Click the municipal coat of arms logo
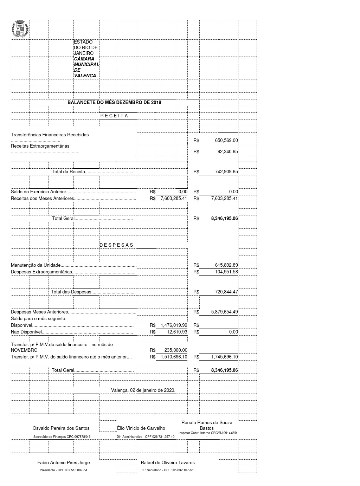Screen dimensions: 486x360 20,30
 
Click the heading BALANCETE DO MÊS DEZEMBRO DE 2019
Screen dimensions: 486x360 114,103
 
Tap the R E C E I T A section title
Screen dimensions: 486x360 114,116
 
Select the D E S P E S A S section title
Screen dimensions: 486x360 116,245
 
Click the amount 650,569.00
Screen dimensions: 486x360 226,141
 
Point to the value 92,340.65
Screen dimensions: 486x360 227,152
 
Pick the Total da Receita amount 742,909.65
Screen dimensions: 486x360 226,172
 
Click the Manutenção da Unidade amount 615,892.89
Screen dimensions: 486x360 226,265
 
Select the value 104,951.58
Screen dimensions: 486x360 226,272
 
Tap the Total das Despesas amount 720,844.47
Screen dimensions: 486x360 226,292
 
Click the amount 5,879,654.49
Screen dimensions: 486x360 225,312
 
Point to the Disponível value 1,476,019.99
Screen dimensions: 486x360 174,325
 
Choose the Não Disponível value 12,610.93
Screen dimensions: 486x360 177,332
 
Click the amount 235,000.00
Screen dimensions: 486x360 176,350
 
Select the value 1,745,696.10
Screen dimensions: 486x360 225,357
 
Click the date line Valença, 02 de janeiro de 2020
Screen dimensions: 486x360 143,390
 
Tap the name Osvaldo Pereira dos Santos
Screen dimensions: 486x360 61,428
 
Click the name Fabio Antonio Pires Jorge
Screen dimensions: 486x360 64,463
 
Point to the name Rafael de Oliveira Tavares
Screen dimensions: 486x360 168,463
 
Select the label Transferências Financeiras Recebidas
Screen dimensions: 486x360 50,135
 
